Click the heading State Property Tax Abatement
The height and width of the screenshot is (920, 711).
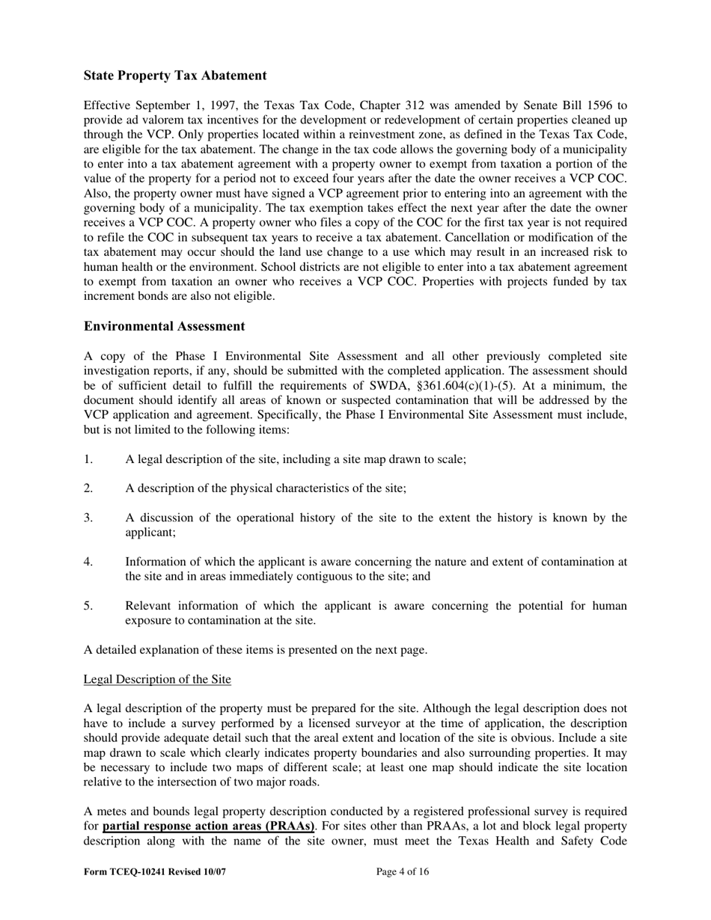[175, 76]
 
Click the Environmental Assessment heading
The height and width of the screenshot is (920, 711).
[164, 326]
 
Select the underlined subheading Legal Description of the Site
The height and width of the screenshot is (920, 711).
[157, 679]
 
